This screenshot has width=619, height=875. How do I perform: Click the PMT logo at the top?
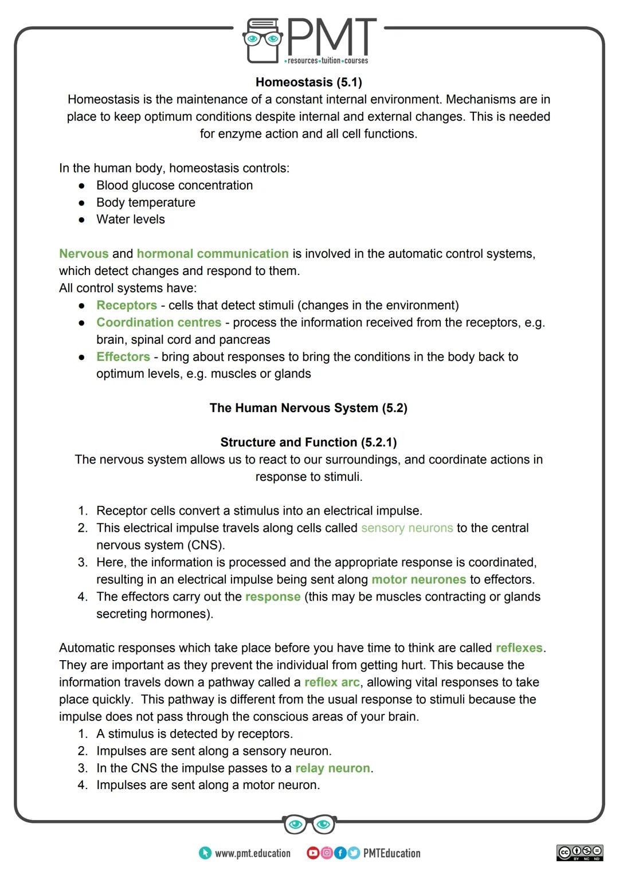309,40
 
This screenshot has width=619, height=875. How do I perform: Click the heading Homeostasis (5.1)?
308,83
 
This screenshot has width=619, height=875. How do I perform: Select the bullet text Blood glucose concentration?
174,186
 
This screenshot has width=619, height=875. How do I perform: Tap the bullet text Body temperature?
146,203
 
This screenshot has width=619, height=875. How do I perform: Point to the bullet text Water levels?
130,219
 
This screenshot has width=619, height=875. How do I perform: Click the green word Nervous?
84,254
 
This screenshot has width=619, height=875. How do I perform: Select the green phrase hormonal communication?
213,254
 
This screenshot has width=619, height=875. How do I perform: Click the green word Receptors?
127,305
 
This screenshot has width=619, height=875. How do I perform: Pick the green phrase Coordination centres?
159,323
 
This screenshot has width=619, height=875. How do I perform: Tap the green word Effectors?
123,357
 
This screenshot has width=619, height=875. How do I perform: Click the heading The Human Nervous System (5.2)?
308,408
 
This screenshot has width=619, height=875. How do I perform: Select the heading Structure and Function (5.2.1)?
308,442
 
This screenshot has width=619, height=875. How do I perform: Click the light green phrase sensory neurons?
407,528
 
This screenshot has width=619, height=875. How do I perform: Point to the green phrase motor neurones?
419,580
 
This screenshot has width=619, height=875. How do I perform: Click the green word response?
273,597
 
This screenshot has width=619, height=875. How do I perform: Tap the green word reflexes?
519,648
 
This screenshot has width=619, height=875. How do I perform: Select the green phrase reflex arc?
332,682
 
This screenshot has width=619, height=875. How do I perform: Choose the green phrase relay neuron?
332,768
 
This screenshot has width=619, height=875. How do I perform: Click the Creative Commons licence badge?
579,853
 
